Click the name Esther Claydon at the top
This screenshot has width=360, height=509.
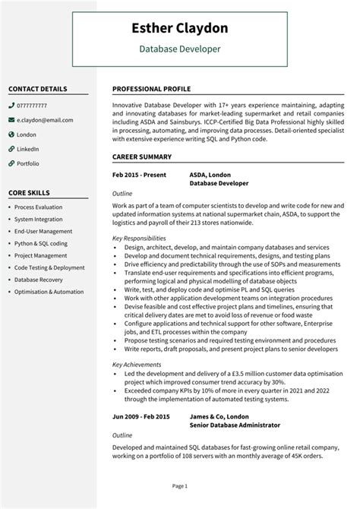pyautogui.click(x=180, y=30)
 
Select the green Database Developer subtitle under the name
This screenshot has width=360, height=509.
pyautogui.click(x=180, y=49)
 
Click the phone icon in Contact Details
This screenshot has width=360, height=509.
pyautogui.click(x=11, y=105)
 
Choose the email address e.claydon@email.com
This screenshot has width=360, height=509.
pyautogui.click(x=45, y=119)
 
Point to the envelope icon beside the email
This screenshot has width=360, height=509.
pyautogui.click(x=11, y=119)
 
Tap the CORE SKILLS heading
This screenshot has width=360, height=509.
pyautogui.click(x=30, y=192)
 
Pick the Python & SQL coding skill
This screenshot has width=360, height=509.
pyautogui.click(x=41, y=243)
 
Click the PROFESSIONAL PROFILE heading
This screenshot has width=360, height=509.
pyautogui.click(x=151, y=88)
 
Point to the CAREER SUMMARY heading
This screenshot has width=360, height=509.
pyautogui.click(x=142, y=157)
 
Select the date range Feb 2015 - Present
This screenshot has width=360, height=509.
pyautogui.click(x=140, y=174)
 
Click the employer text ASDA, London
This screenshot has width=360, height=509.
pyautogui.click(x=210, y=174)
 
